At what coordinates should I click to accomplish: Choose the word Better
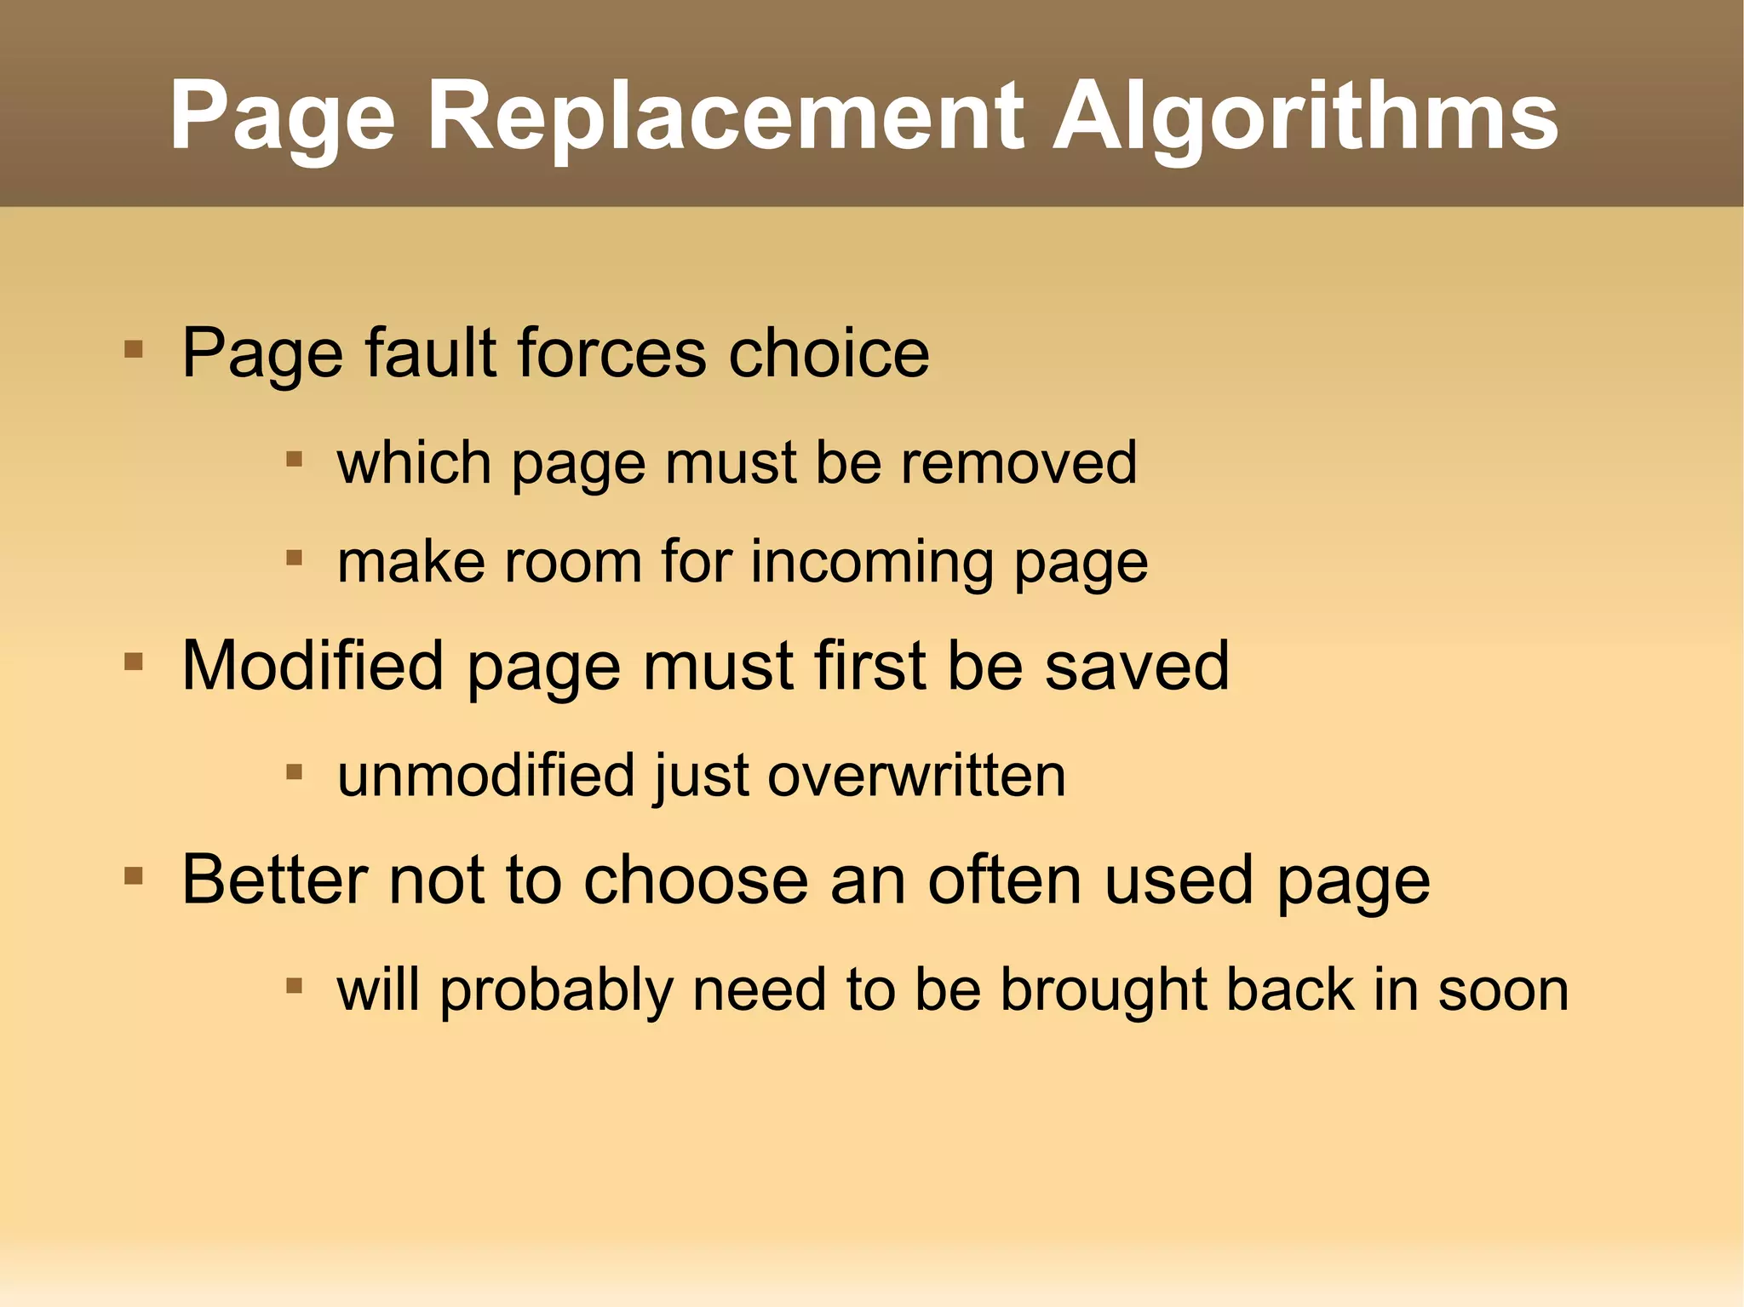pos(274,880)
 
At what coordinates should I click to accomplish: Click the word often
pos(1005,880)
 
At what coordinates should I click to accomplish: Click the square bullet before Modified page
pos(133,662)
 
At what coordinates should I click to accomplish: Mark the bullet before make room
pos(295,559)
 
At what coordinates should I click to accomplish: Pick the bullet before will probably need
pos(295,986)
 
